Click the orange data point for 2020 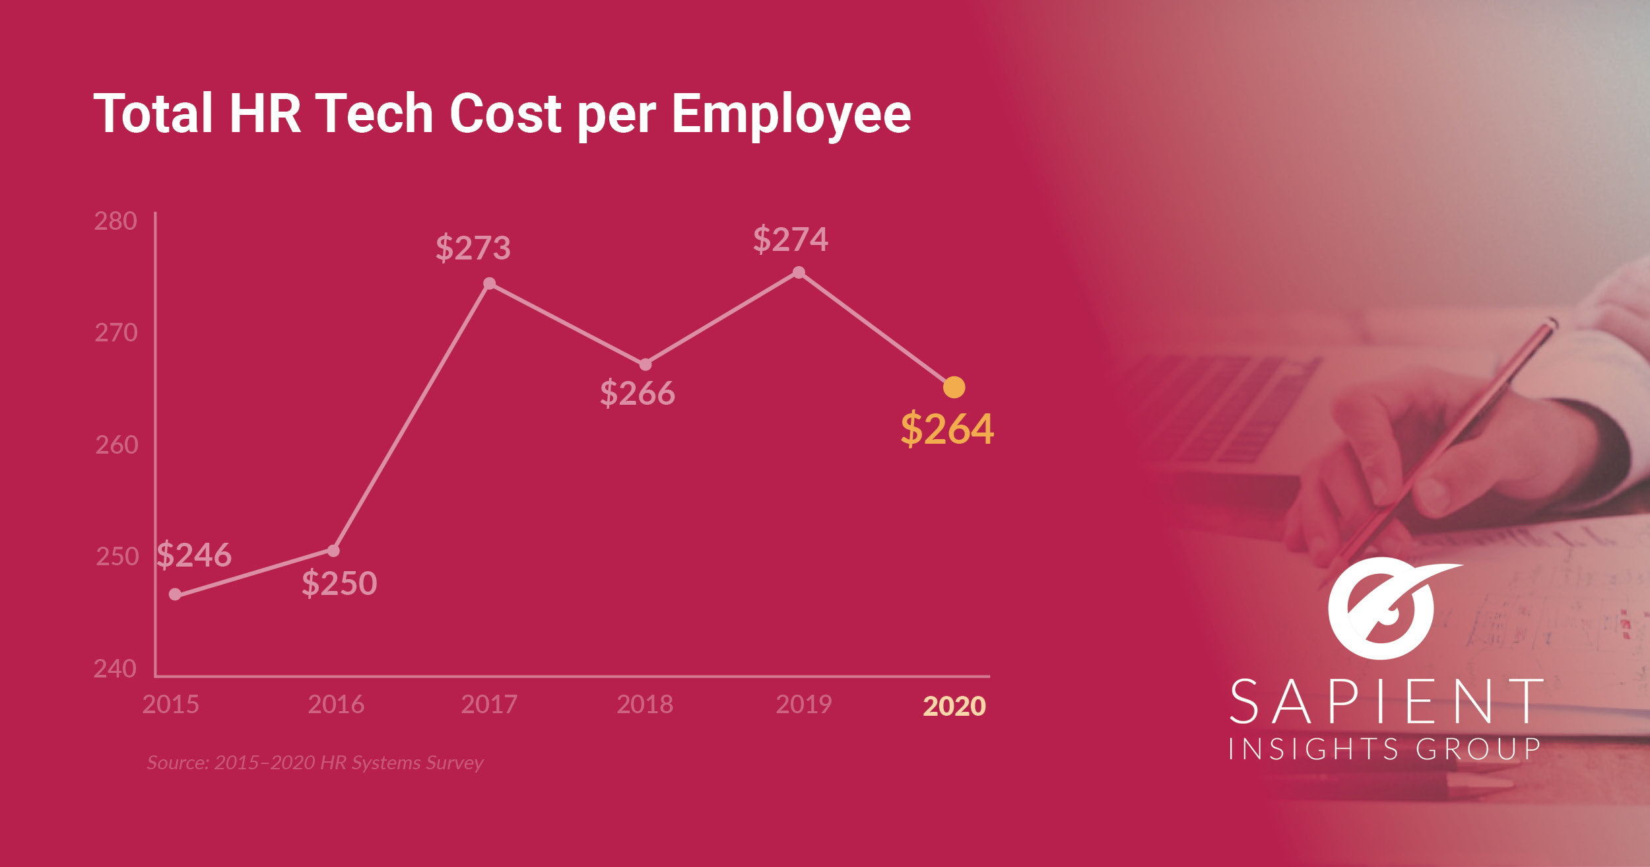954,387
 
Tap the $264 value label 947,429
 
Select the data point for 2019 799,272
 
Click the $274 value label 791,239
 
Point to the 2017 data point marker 489,283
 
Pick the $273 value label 473,248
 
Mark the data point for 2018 645,364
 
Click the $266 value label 638,394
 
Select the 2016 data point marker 333,551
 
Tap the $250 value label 339,584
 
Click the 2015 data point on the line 175,594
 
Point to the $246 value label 194,555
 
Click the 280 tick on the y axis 115,221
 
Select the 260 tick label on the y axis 117,445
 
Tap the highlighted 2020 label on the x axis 954,706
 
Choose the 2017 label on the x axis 489,705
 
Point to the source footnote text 315,763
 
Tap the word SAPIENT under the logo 1385,702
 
